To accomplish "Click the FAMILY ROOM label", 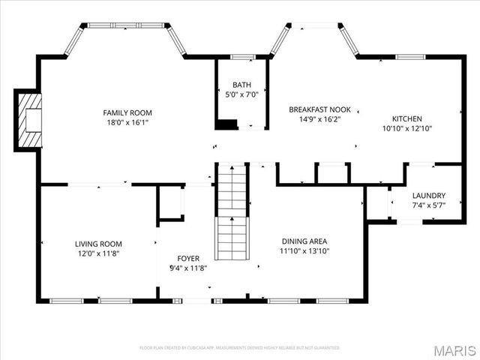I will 127,112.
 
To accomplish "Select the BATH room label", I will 241,85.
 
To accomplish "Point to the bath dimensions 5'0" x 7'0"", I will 241,94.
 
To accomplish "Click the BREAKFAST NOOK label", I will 319,109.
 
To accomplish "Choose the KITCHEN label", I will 406,118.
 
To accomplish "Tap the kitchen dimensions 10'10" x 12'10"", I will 406,128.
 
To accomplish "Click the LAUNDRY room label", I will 428,195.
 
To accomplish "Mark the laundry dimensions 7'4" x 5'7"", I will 428,205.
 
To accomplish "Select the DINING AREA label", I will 305,241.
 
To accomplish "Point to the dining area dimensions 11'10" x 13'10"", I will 305,251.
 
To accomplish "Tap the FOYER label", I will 188,258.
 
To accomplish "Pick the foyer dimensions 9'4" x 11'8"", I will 188,268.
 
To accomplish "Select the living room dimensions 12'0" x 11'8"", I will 98,253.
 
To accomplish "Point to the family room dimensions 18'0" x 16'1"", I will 127,122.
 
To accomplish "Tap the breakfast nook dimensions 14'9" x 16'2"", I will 319,119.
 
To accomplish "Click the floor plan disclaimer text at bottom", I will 240,348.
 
